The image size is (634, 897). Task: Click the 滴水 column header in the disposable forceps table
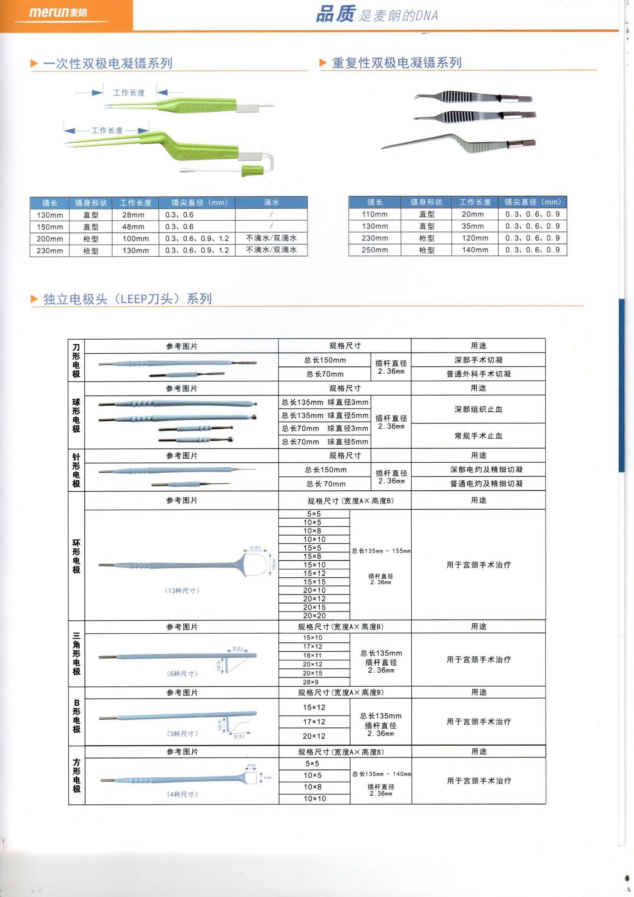[x=271, y=202]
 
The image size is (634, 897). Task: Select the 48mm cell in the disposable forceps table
[x=133, y=227]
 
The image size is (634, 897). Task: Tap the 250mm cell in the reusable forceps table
[x=374, y=250]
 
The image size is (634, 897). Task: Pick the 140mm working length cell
[x=475, y=250]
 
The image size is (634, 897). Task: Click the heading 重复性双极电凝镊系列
[x=397, y=63]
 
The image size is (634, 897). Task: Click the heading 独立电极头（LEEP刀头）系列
[x=127, y=299]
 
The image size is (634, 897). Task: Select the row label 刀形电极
[x=76, y=360]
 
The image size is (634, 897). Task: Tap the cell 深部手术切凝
[x=478, y=360]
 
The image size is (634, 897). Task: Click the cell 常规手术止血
[x=478, y=435]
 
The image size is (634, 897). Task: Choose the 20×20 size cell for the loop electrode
[x=314, y=616]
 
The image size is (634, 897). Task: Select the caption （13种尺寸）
[x=182, y=590]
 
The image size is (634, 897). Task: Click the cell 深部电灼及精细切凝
[x=486, y=470]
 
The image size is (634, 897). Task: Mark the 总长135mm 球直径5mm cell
[x=324, y=415]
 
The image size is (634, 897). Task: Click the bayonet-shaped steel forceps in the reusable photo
[x=461, y=144]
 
